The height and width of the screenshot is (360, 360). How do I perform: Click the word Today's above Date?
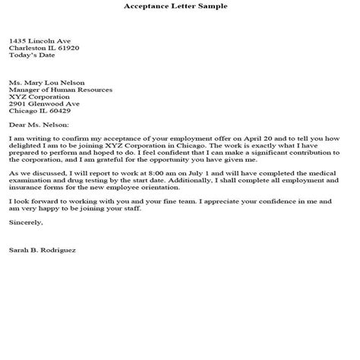[x=22, y=55]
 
